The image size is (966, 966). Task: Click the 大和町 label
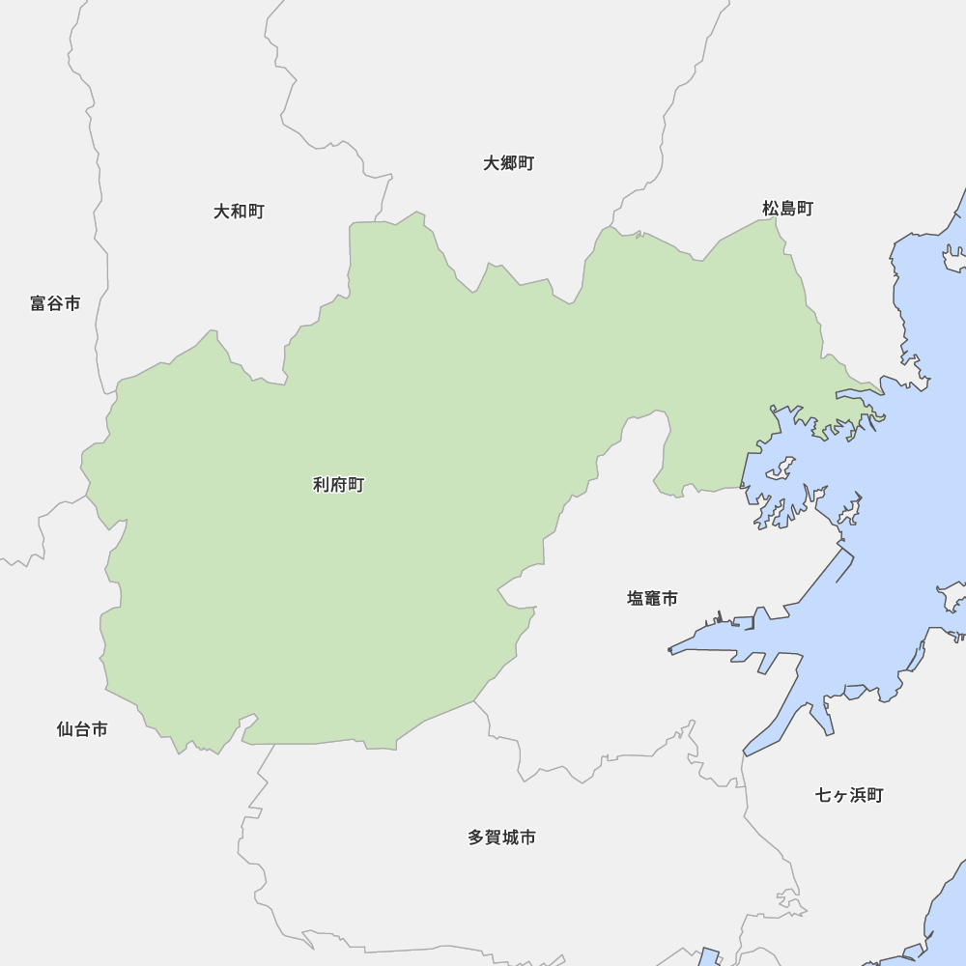[239, 211]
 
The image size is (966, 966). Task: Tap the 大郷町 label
[509, 163]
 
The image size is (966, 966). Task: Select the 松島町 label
[787, 209]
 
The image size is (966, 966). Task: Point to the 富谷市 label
[55, 303]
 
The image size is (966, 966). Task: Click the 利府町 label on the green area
[338, 485]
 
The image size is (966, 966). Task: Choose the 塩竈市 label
[652, 599]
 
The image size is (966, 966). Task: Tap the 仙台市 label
[82, 729]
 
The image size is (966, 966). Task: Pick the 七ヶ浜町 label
[849, 795]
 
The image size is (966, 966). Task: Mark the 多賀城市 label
[501, 838]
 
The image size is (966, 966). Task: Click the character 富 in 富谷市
[39, 303]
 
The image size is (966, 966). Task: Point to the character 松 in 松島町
[771, 209]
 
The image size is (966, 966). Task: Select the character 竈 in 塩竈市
[653, 599]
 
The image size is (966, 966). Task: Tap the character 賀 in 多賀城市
[493, 838]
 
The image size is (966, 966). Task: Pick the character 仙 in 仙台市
[66, 729]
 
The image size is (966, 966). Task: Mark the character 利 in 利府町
[322, 485]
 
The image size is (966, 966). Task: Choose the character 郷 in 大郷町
[509, 163]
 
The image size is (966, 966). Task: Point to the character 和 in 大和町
[239, 211]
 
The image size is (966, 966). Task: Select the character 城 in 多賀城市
[510, 838]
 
